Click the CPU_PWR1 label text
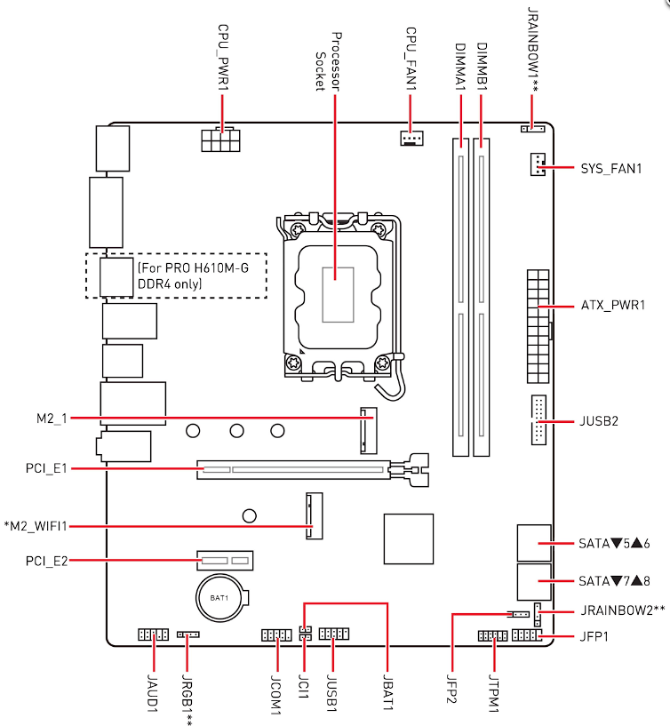223,58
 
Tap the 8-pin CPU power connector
221,140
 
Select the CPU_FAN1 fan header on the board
411,138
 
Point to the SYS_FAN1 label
611,168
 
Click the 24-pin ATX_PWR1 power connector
538,326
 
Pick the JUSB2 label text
599,421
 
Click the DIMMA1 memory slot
460,298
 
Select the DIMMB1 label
482,67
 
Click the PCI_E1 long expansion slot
313,470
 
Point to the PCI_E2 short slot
225,561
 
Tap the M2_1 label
52,419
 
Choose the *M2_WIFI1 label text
36,526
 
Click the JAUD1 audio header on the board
153,634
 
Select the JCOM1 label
276,695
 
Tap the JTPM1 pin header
492,635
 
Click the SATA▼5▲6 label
614,543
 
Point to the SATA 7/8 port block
534,582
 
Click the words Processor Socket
328,61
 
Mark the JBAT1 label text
388,694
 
